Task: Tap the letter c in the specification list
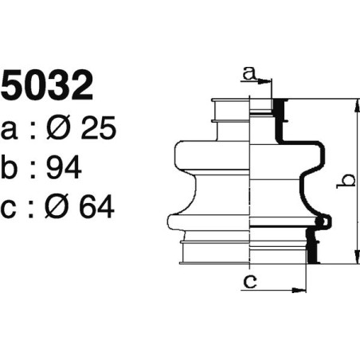click(x=10, y=209)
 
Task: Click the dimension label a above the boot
click(x=248, y=74)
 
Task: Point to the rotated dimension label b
click(x=343, y=182)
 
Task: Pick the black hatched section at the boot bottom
click(x=313, y=251)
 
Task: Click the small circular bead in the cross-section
click(x=321, y=221)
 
